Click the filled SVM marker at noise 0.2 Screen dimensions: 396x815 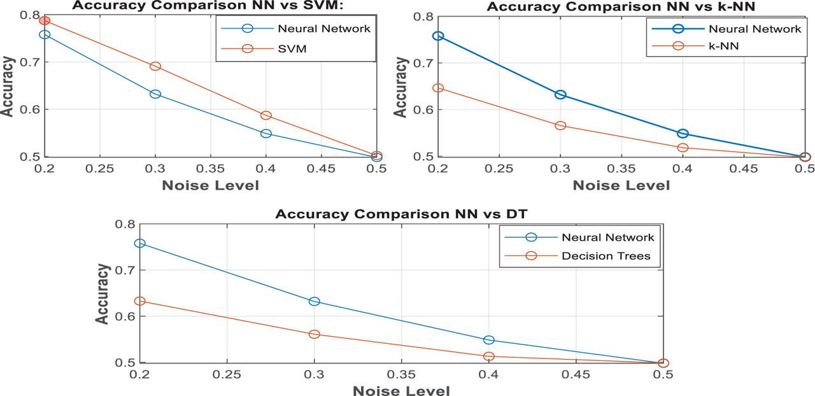(x=45, y=21)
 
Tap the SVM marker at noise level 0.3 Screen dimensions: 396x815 (x=155, y=66)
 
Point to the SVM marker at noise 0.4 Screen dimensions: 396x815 (x=266, y=115)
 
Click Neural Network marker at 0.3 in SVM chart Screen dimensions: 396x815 (x=155, y=94)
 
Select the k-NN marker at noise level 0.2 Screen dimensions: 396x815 (x=438, y=88)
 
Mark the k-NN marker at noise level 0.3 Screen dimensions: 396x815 (x=560, y=125)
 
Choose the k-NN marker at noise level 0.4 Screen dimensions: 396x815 (x=683, y=148)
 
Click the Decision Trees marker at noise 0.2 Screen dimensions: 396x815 (x=140, y=301)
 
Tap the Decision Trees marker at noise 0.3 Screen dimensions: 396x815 (x=315, y=334)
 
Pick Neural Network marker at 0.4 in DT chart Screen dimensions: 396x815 (x=489, y=341)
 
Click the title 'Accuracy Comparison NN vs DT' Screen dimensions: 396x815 (x=400, y=214)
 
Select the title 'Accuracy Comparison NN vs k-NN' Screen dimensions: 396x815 (x=621, y=6)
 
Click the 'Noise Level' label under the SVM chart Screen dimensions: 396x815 (x=211, y=185)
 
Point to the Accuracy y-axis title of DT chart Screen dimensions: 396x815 (x=103, y=293)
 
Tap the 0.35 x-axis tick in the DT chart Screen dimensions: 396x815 (x=402, y=376)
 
